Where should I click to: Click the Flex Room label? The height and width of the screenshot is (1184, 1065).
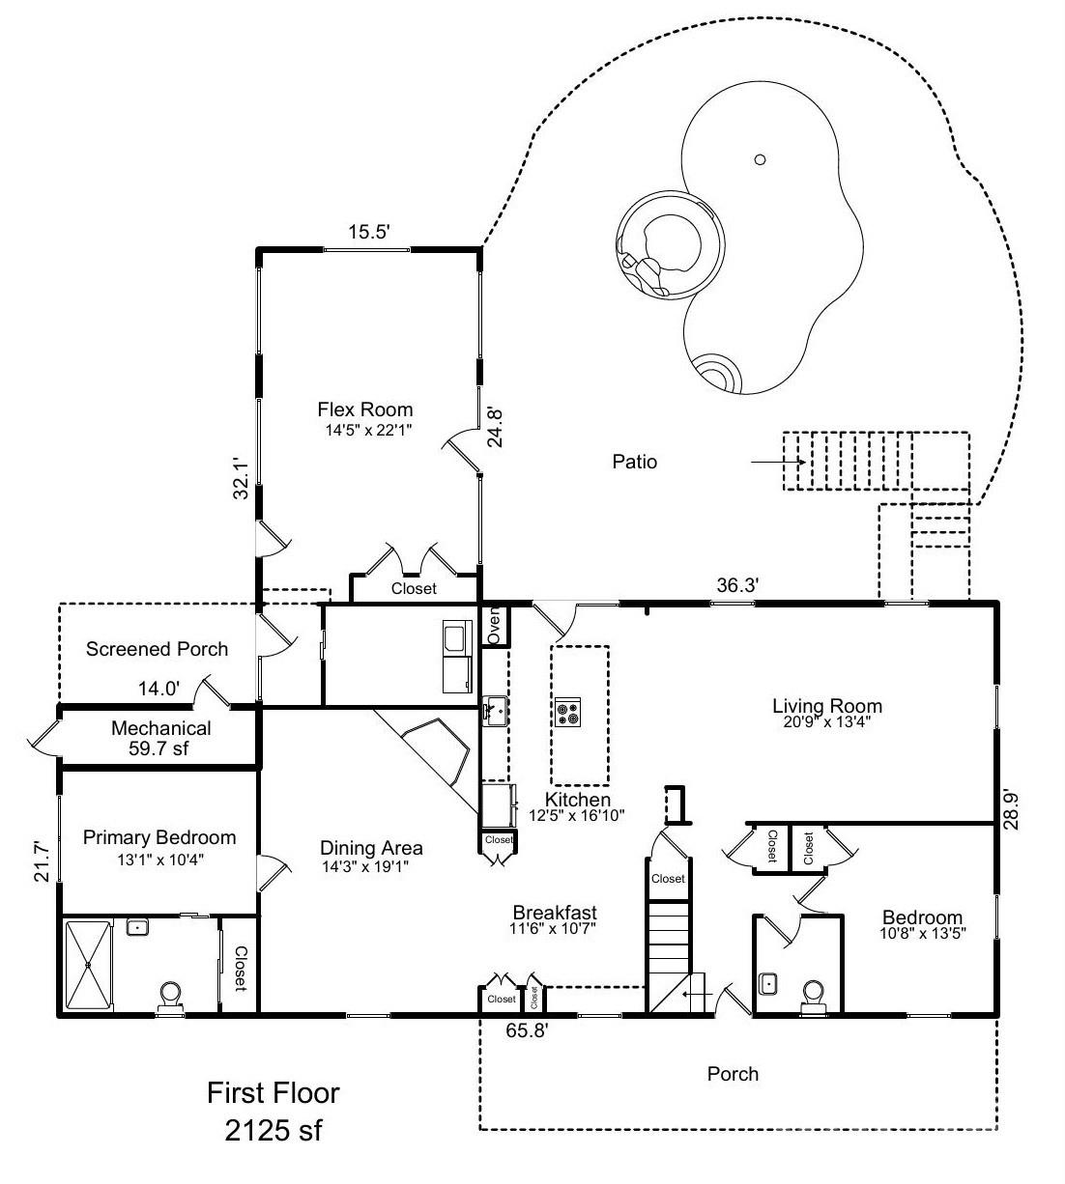365,410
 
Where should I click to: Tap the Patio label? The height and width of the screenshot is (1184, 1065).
635,462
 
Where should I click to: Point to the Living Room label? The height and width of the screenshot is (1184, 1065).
826,706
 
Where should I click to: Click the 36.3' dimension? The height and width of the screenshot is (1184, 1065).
737,584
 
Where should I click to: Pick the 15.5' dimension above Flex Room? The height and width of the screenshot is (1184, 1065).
368,232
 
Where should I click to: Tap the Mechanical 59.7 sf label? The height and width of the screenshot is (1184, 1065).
161,738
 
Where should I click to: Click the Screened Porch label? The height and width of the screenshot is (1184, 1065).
157,649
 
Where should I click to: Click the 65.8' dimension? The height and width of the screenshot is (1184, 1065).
528,1030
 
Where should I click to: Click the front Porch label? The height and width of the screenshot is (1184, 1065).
733,1073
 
